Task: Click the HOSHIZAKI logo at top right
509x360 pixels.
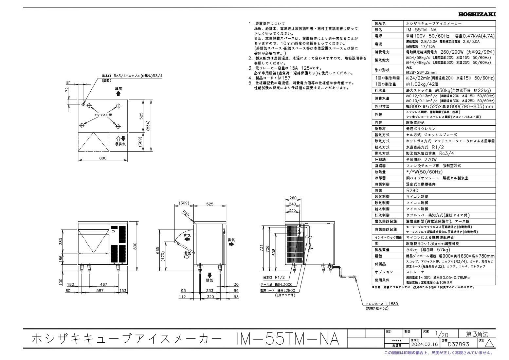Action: pyautogui.click(x=477, y=14)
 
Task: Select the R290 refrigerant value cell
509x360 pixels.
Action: pyautogui.click(x=412, y=190)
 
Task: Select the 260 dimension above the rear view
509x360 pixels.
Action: pyautogui.click(x=293, y=198)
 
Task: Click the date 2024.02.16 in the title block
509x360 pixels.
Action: pyautogui.click(x=424, y=344)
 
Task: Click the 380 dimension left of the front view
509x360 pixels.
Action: pyautogui.click(x=61, y=241)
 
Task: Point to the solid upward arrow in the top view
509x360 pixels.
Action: pyautogui.click(x=118, y=94)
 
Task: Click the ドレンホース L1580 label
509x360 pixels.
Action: pyautogui.click(x=382, y=304)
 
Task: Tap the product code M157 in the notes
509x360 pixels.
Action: pyautogui.click(x=283, y=78)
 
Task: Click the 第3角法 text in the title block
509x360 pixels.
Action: pyautogui.click(x=477, y=334)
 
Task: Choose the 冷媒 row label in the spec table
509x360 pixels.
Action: pyautogui.click(x=378, y=190)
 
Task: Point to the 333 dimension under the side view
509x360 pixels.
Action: pyautogui.click(x=209, y=290)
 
